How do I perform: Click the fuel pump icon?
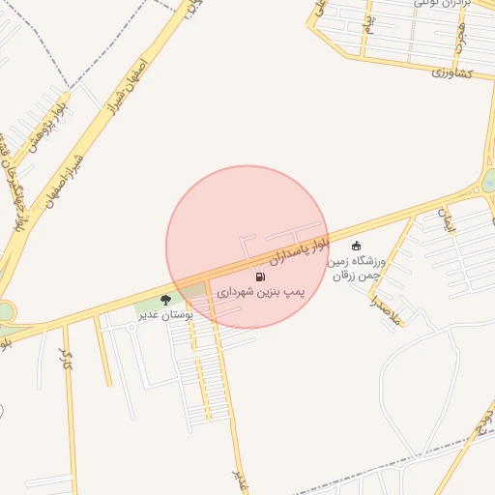pyautogui.click(x=260, y=277)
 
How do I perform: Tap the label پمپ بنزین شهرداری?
pyautogui.click(x=260, y=291)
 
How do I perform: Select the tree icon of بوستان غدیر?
pyautogui.click(x=165, y=300)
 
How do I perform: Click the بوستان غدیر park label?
pyautogui.click(x=165, y=314)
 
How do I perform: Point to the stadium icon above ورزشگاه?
pyautogui.click(x=357, y=246)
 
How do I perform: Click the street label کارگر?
pyautogui.click(x=66, y=361)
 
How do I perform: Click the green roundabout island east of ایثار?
pyautogui.click(x=488, y=181)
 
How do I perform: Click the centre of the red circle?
pyautogui.click(x=247, y=247)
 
